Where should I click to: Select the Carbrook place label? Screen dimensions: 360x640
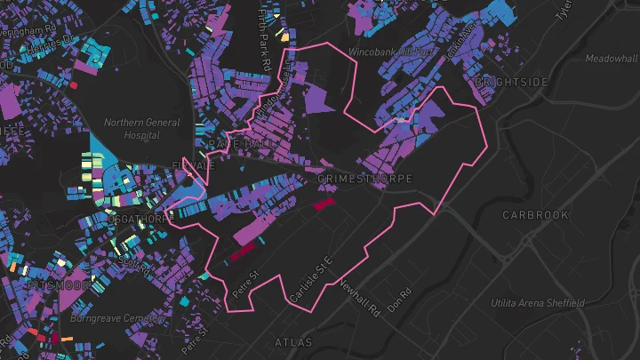[x=534, y=215]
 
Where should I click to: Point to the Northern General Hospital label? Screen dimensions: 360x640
[x=142, y=129]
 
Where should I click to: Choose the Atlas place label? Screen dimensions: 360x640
[x=294, y=341]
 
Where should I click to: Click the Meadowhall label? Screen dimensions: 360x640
[x=612, y=59]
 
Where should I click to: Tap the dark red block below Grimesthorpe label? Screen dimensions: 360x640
[x=323, y=204]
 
